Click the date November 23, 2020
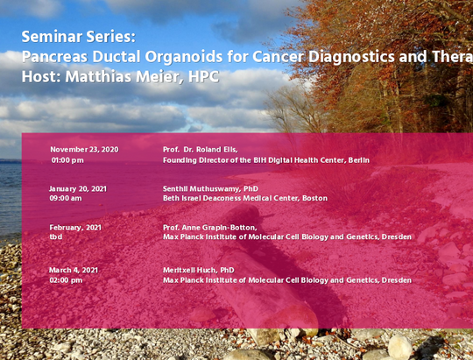click(x=84, y=150)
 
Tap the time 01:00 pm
click(x=67, y=160)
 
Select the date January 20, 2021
click(x=78, y=189)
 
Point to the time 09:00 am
click(x=66, y=198)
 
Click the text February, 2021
click(x=75, y=228)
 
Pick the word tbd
click(x=56, y=236)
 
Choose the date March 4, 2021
click(x=74, y=270)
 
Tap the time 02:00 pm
click(x=66, y=280)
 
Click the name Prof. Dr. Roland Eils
click(x=201, y=150)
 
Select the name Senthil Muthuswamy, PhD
click(x=210, y=189)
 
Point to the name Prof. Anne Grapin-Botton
click(x=210, y=228)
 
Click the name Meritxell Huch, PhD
click(x=199, y=270)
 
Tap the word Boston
click(x=315, y=198)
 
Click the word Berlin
click(x=359, y=160)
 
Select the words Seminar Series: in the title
click(x=79, y=37)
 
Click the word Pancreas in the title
click(x=55, y=56)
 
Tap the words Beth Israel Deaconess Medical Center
click(x=231, y=198)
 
